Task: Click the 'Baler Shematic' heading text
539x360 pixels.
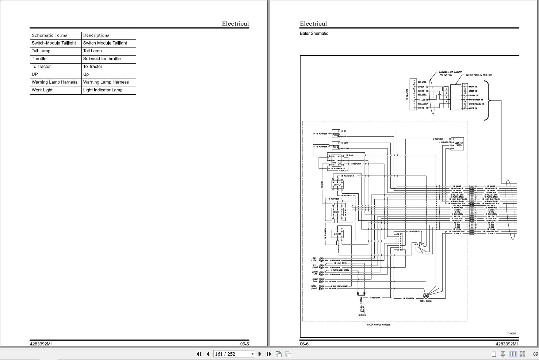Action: [314, 34]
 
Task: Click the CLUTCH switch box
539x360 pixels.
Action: [337, 185]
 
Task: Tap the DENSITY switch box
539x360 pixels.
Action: [337, 212]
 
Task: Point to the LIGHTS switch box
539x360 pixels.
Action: [337, 234]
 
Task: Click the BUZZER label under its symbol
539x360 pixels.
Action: [362, 315]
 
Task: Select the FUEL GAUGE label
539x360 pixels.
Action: [426, 301]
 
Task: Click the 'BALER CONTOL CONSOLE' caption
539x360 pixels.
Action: [379, 325]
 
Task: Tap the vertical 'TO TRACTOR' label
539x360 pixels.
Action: [407, 94]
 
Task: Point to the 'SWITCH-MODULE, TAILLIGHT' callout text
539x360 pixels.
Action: [478, 75]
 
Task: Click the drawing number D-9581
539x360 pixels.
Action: [512, 334]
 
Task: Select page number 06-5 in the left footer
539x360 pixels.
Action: [244, 344]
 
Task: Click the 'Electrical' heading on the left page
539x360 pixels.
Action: [235, 24]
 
